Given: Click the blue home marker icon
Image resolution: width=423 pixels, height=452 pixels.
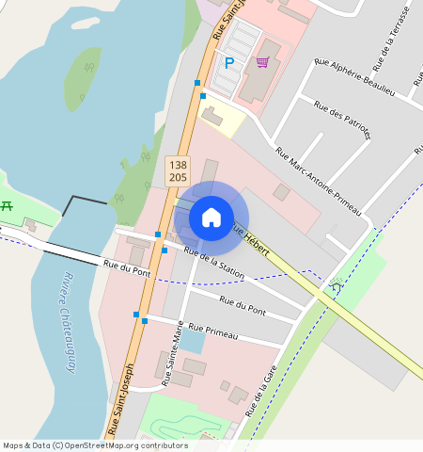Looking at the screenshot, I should pyautogui.click(x=211, y=218).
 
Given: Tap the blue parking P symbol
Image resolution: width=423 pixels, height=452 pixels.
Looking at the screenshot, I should pyautogui.click(x=229, y=63).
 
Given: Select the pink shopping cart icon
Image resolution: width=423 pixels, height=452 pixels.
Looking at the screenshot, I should pyautogui.click(x=263, y=62).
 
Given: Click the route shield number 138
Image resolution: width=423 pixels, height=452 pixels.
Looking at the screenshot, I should pyautogui.click(x=178, y=165).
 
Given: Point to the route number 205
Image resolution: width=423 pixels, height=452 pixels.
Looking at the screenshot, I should pyautogui.click(x=178, y=177).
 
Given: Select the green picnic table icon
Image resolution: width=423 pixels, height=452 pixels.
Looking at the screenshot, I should pyautogui.click(x=7, y=205).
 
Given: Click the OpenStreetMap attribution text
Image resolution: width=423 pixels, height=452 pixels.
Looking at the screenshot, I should pyautogui.click(x=95, y=445).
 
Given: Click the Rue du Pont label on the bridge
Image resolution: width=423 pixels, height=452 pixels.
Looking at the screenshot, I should pyautogui.click(x=128, y=271).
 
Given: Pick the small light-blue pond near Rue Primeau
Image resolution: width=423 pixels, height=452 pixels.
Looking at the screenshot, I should pyautogui.click(x=191, y=340).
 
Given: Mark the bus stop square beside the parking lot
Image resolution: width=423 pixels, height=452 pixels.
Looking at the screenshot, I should pyautogui.click(x=197, y=83).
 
